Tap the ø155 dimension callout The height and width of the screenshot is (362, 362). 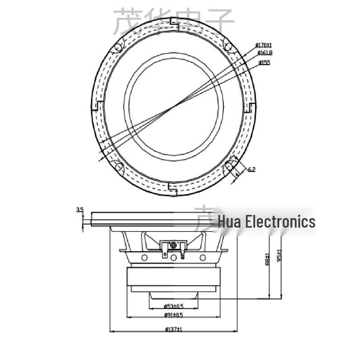click(x=264, y=62)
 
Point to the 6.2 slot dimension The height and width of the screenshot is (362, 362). click(x=252, y=169)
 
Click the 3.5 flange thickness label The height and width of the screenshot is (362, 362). click(x=80, y=210)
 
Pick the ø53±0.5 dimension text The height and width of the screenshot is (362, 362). click(x=173, y=306)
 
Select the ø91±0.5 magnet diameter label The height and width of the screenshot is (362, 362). click(x=173, y=315)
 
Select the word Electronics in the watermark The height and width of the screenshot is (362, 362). click(x=280, y=222)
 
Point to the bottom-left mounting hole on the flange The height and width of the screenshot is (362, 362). click(x=119, y=167)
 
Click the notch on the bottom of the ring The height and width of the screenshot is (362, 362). click(x=169, y=186)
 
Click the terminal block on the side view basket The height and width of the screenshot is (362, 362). click(x=173, y=247)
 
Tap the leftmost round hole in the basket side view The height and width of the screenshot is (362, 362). click(x=144, y=257)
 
